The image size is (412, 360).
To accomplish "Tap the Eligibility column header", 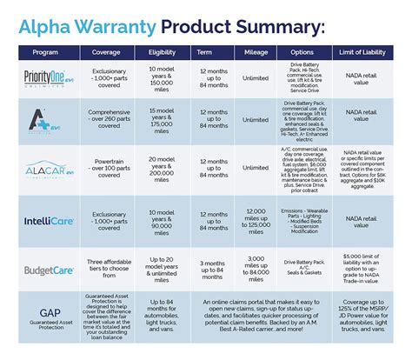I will pyautogui.click(x=165, y=52).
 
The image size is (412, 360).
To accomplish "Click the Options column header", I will pyautogui.click(x=314, y=52).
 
